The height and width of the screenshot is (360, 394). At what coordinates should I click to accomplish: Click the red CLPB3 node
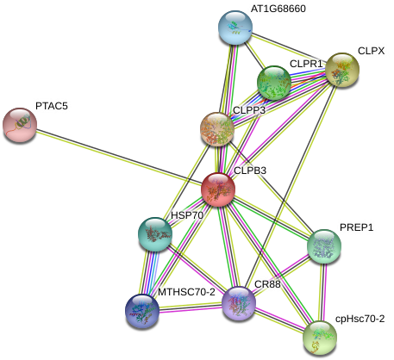click(x=219, y=189)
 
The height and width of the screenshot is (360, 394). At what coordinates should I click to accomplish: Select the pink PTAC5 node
click(x=20, y=125)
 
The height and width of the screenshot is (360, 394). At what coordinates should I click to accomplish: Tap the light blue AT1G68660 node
click(x=235, y=28)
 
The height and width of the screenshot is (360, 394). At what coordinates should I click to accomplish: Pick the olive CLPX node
click(x=342, y=70)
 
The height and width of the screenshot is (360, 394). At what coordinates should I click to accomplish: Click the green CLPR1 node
click(x=274, y=83)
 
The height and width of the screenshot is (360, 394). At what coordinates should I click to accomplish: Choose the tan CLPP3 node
click(x=217, y=129)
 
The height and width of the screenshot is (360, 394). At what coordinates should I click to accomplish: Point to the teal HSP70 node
click(x=155, y=234)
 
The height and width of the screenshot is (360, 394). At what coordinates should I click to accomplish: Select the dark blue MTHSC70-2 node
click(x=142, y=311)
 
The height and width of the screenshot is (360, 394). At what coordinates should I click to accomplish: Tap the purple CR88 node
click(x=239, y=303)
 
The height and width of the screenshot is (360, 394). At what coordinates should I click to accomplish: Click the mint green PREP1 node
click(x=324, y=246)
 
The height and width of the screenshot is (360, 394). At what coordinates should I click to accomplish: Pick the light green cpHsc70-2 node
click(x=320, y=338)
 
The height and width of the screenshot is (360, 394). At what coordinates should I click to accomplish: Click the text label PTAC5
click(x=52, y=106)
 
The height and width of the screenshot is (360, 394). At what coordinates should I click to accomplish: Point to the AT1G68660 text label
click(x=278, y=9)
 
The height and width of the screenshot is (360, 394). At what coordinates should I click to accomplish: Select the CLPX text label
click(x=371, y=51)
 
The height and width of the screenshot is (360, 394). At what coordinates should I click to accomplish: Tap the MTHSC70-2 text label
click(x=186, y=292)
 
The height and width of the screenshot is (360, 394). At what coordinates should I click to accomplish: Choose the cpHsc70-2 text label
click(x=360, y=319)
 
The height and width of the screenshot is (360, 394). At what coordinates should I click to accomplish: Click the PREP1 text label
click(x=356, y=227)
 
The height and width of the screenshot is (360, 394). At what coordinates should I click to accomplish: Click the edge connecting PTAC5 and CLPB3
click(x=119, y=157)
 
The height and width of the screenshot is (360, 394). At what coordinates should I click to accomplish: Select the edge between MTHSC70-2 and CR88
click(x=191, y=308)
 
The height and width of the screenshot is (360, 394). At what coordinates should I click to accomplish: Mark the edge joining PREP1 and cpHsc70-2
click(x=322, y=292)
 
